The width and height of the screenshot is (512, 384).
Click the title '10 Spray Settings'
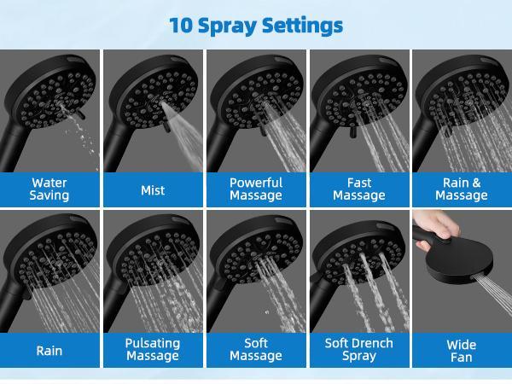click(x=256, y=25)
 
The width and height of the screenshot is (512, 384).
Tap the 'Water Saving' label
click(x=49, y=189)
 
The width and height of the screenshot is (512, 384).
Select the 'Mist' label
click(x=153, y=190)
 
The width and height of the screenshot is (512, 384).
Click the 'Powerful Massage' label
click(x=256, y=189)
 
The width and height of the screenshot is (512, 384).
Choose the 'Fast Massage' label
click(x=359, y=189)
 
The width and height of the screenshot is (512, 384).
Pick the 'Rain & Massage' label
click(x=462, y=189)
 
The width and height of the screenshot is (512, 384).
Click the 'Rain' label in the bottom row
click(x=49, y=350)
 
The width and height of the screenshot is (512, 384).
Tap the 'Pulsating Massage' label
click(x=153, y=349)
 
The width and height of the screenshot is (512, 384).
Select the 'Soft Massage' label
click(x=256, y=349)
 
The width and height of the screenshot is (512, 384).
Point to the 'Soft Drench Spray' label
click(x=359, y=349)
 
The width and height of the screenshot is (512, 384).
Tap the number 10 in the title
click(x=181, y=25)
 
